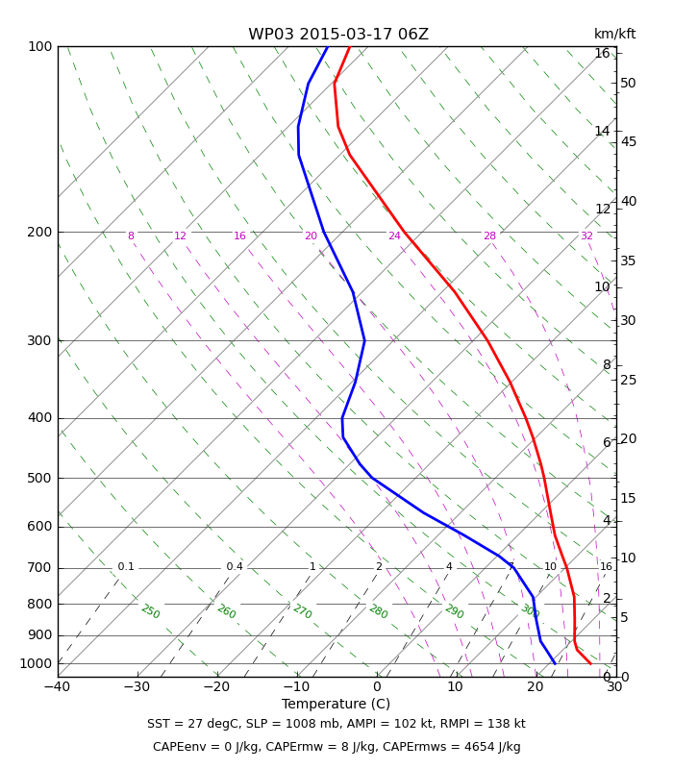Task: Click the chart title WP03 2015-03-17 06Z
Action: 338,35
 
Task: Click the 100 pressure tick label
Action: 40,46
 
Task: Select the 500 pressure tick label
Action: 39,478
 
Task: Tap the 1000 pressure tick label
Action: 36,663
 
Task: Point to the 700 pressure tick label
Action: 39,568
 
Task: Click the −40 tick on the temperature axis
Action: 58,687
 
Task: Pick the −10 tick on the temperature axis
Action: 297,687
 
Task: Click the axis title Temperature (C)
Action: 336,705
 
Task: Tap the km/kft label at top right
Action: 614,34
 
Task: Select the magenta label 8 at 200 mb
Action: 131,236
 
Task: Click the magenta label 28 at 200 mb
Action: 490,236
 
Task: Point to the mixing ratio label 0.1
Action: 126,567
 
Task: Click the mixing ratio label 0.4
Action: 235,567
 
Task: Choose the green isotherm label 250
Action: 151,611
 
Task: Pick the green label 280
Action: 379,611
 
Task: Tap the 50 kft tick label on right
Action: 628,84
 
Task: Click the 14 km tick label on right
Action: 603,132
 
